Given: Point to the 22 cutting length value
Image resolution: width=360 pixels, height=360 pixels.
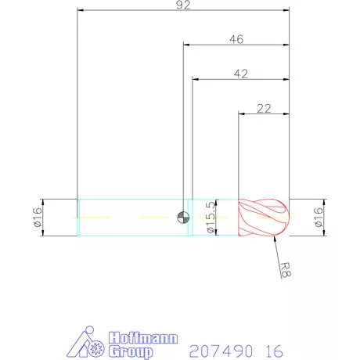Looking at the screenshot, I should (x=264, y=108).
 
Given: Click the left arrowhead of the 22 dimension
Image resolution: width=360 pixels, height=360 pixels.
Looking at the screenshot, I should (x=240, y=114).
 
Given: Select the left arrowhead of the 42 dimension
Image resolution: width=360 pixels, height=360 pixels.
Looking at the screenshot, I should (x=196, y=79).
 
